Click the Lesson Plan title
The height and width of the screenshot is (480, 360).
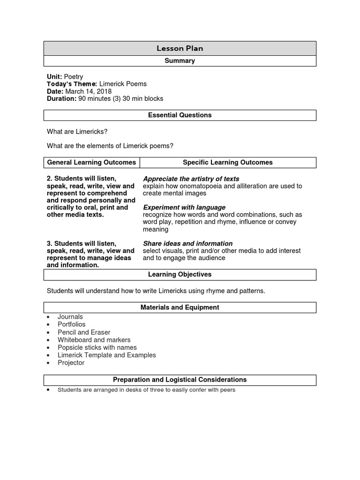pyautogui.click(x=180, y=48)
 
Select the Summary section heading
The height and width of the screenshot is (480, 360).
pyautogui.click(x=180, y=61)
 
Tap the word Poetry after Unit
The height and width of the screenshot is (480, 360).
pyautogui.click(x=74, y=76)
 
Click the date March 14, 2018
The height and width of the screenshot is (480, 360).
pyautogui.click(x=88, y=91)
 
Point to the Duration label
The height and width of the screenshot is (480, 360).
pyautogui.click(x=61, y=98)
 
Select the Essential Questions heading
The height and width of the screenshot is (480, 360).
pyautogui.click(x=180, y=115)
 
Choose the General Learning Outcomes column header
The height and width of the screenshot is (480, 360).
pyautogui.click(x=92, y=162)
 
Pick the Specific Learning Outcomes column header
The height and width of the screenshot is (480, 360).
pyautogui.click(x=227, y=162)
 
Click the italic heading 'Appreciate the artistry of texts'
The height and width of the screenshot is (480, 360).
pyautogui.click(x=191, y=179)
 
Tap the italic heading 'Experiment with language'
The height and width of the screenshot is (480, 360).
pyautogui.click(x=184, y=207)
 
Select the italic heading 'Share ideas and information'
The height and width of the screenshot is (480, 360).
pyautogui.click(x=187, y=243)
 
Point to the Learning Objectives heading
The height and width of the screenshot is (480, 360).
pyautogui.click(x=180, y=274)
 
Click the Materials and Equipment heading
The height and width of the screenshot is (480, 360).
pyautogui.click(x=180, y=307)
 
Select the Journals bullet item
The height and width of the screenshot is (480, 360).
pyautogui.click(x=70, y=317)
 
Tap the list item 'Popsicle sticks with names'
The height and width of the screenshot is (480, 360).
pyautogui.click(x=97, y=347)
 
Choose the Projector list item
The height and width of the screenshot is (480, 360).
pyautogui.click(x=71, y=363)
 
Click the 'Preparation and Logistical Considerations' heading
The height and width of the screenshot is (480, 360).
pyautogui.click(x=180, y=380)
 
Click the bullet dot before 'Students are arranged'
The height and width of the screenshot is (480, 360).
pyautogui.click(x=49, y=390)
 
